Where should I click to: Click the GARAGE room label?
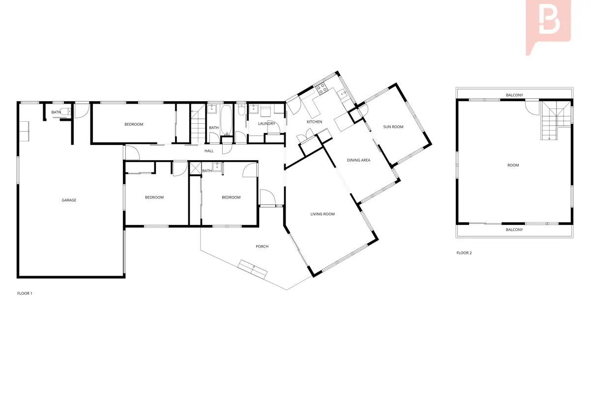tap(69, 200)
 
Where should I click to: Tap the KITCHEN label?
tap(314, 122)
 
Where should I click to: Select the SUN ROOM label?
tap(393, 127)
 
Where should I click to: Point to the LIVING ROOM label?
tap(323, 214)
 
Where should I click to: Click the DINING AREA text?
tap(358, 160)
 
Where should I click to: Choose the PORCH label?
tap(262, 247)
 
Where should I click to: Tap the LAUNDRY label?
tap(266, 123)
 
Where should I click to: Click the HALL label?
tap(209, 151)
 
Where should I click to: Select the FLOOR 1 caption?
tap(25, 293)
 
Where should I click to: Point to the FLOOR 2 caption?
tap(464, 253)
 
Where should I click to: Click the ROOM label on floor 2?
tap(513, 166)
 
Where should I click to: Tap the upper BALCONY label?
tap(514, 95)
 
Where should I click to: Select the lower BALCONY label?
tap(514, 229)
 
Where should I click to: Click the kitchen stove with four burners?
tap(322, 88)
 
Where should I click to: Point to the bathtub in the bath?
tap(226, 120)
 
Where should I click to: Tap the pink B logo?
tap(548, 27)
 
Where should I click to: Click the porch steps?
tap(252, 269)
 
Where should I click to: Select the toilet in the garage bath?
tap(64, 112)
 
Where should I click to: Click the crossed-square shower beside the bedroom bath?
tap(196, 168)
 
